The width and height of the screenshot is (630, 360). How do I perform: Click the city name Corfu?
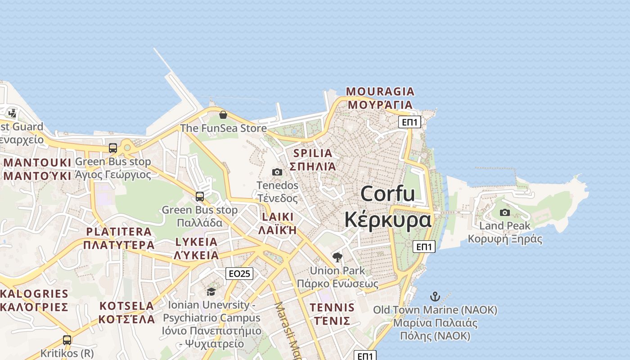click(387, 193)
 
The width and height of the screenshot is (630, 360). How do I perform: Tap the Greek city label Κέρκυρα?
click(387, 220)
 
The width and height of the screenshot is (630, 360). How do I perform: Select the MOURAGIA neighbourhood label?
click(380, 92)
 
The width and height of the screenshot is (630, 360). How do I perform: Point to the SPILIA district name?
click(312, 153)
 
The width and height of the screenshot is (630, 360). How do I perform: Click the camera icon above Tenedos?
click(277, 172)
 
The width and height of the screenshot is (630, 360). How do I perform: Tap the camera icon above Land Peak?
click(505, 212)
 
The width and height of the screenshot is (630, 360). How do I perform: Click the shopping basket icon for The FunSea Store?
click(223, 115)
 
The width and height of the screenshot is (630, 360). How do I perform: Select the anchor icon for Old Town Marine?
click(435, 297)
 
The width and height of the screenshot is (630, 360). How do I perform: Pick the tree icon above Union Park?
click(337, 257)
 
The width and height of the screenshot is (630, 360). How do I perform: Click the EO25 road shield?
click(239, 274)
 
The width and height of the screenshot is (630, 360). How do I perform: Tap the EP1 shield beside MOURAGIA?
click(409, 122)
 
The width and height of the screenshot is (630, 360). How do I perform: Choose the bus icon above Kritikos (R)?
click(67, 340)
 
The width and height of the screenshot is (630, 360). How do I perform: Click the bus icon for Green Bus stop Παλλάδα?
click(200, 197)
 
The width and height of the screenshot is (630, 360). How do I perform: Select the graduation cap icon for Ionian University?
click(211, 292)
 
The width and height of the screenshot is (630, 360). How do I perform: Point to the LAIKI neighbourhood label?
click(277, 217)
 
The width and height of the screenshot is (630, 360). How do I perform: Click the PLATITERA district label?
click(119, 232)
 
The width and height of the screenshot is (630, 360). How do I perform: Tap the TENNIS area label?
click(332, 308)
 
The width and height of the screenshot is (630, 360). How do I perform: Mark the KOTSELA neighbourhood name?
click(127, 306)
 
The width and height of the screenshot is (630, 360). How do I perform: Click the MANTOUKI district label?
click(38, 162)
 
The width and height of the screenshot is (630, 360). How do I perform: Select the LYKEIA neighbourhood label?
click(196, 242)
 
